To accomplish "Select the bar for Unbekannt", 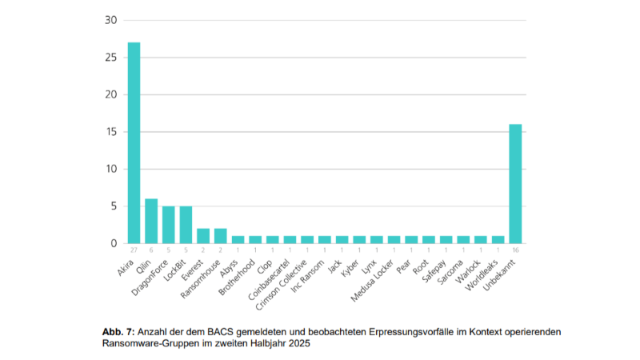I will point(514,183).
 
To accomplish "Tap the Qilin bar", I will point(150,221).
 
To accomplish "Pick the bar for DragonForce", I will point(168,225).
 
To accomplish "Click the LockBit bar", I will point(186,225).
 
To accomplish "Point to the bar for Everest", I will point(202,236).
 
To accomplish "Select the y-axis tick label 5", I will point(114,206).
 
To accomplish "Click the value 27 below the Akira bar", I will point(134,250).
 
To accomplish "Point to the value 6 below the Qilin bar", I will point(150,250).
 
